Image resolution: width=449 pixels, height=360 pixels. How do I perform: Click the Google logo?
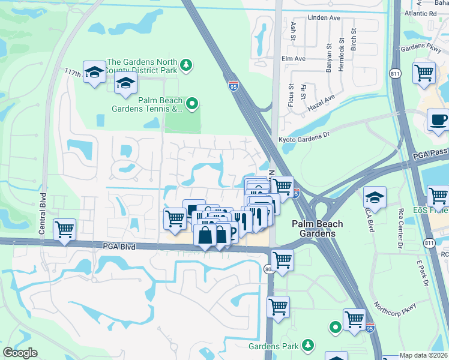pyautogui.click(x=20, y=353)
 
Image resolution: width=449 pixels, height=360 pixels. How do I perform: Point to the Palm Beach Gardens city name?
pyautogui.click(x=318, y=228)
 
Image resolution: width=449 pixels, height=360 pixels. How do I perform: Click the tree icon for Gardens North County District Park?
pyautogui.click(x=187, y=65)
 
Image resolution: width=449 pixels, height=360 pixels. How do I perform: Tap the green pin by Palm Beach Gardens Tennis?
pyautogui.click(x=192, y=104)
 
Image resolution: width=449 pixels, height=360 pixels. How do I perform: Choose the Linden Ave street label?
pyautogui.click(x=324, y=18)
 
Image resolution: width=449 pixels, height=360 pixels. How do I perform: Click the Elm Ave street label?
pyautogui.click(x=294, y=59)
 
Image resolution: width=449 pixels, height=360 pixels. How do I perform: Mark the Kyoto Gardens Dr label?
pyautogui.click(x=305, y=136)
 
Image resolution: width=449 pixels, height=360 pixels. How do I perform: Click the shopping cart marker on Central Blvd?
pyautogui.click(x=64, y=230)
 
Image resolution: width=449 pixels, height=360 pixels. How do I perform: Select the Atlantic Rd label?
pyautogui.click(x=420, y=13)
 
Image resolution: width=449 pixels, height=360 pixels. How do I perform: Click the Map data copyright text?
pyautogui.click(x=424, y=355)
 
